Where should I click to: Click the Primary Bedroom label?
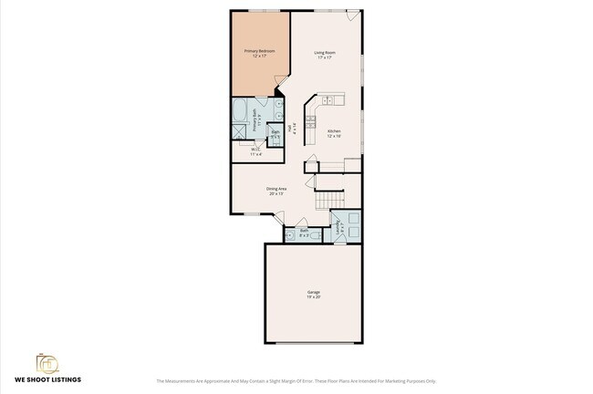pyautogui.click(x=259, y=54)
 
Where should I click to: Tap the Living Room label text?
pyautogui.click(x=327, y=54)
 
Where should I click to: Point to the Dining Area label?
pyautogui.click(x=276, y=192)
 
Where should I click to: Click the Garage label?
pyautogui.click(x=313, y=294)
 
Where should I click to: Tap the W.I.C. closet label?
pyautogui.click(x=256, y=152)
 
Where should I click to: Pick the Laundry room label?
pyautogui.click(x=340, y=225)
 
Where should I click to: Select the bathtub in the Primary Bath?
pyautogui.click(x=241, y=115)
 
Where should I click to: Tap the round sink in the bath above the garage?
pyautogui.click(x=290, y=235)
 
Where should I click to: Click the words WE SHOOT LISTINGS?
pyautogui.click(x=47, y=379)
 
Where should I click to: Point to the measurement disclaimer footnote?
pyautogui.click(x=296, y=381)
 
